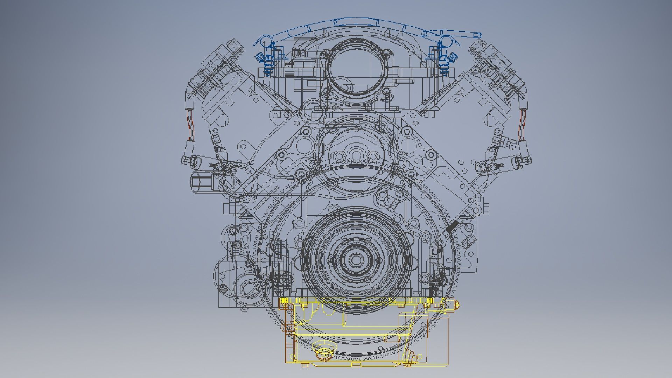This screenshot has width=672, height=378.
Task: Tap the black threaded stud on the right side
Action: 453,227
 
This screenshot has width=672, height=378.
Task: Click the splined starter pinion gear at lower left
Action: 249,289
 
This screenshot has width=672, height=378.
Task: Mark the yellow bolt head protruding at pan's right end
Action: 456,305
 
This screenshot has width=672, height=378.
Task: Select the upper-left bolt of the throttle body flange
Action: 326,53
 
